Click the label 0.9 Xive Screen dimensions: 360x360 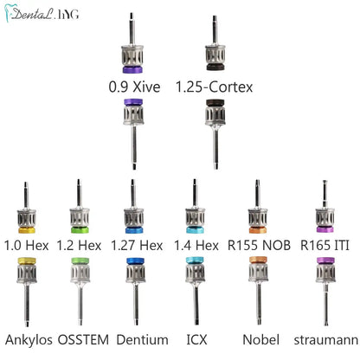(x=134, y=87)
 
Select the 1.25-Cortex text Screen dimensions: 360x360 (x=214, y=87)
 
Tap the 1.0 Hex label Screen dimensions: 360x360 (x=27, y=246)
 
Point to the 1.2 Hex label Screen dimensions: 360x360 (x=79, y=246)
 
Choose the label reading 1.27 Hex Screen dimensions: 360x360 (x=137, y=246)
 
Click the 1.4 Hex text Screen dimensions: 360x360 (x=196, y=246)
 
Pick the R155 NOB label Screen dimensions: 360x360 (x=259, y=246)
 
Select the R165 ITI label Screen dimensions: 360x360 (x=325, y=246)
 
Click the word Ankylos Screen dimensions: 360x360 (x=29, y=340)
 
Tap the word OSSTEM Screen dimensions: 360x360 (x=83, y=340)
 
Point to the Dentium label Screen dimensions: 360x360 (x=143, y=340)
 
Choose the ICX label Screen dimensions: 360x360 (x=196, y=340)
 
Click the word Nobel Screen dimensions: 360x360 (x=261, y=340)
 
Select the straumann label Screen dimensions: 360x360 (x=326, y=340)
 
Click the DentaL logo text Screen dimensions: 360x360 (x=32, y=14)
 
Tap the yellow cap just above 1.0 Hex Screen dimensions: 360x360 (x=27, y=230)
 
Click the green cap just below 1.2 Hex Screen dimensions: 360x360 (x=80, y=260)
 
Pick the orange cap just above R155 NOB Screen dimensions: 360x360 (x=258, y=230)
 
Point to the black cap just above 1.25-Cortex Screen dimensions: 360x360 (x=215, y=67)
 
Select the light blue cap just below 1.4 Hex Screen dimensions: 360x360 (x=195, y=260)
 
